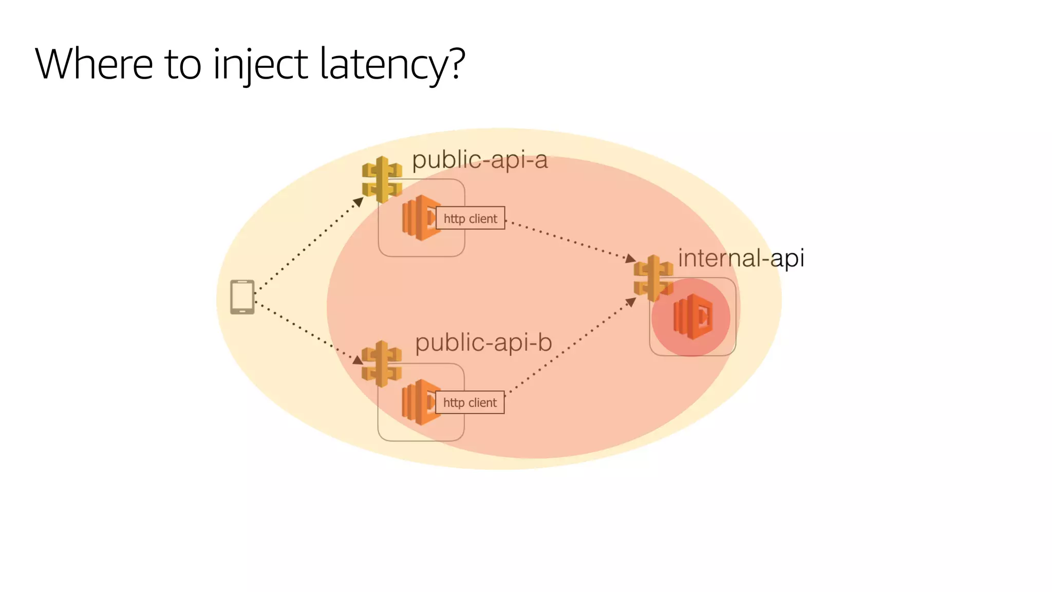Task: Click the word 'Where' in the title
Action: click(94, 64)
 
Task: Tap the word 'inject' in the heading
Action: click(260, 64)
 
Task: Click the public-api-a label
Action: click(480, 160)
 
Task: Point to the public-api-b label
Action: click(483, 343)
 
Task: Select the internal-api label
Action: click(740, 258)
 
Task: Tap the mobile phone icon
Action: click(242, 297)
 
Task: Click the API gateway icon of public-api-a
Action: click(382, 179)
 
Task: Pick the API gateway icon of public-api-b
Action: click(381, 363)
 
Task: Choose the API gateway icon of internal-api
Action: click(653, 278)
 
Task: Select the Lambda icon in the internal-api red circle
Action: click(693, 317)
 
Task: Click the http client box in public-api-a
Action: click(471, 218)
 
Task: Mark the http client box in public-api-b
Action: click(470, 402)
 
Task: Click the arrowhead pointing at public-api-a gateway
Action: click(359, 201)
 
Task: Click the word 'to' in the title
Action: click(182, 64)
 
